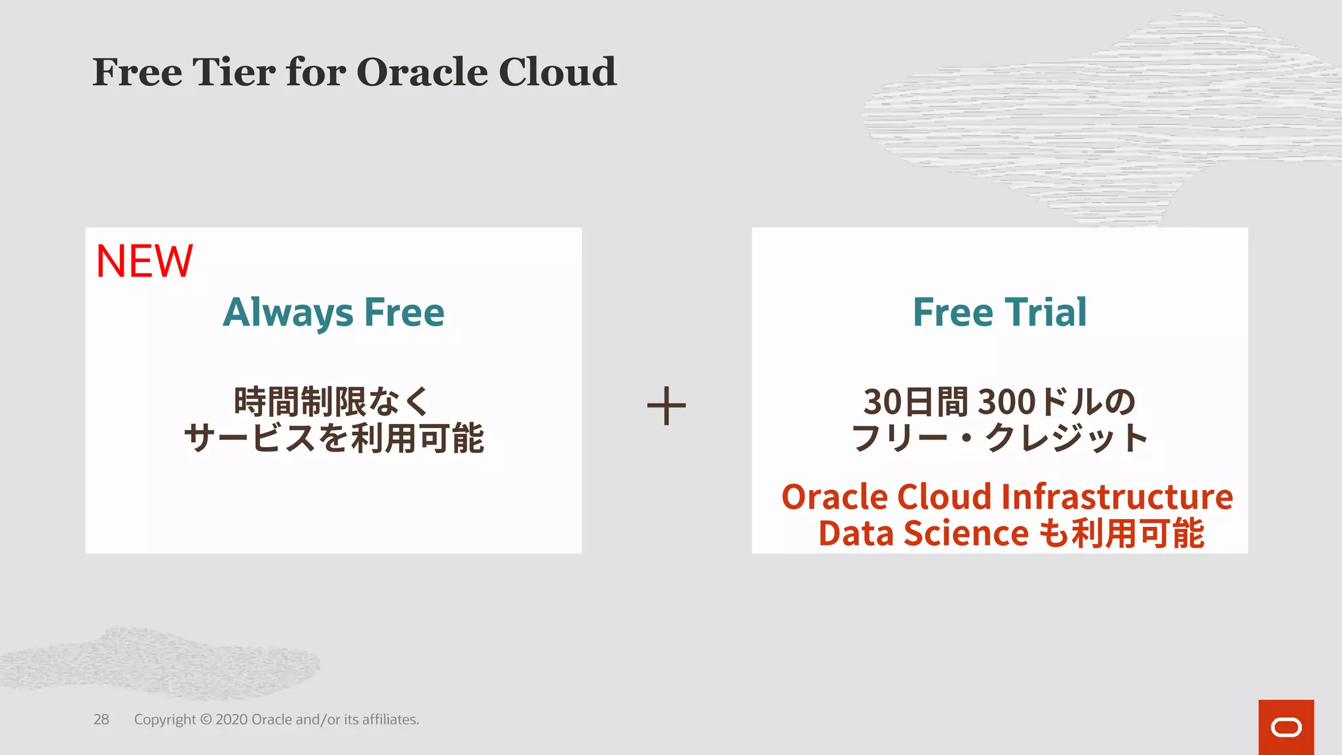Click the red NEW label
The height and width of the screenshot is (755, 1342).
pyautogui.click(x=144, y=261)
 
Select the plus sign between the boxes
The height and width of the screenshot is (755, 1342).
pyautogui.click(x=666, y=406)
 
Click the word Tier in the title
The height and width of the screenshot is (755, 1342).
pyautogui.click(x=233, y=72)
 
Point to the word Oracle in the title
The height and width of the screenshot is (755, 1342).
pyautogui.click(x=423, y=72)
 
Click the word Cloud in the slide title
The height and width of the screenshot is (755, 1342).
pyautogui.click(x=557, y=72)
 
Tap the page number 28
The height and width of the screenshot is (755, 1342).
pyautogui.click(x=101, y=720)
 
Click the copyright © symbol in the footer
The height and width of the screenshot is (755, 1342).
pyautogui.click(x=205, y=720)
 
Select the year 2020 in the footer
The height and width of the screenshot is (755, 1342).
pyautogui.click(x=232, y=720)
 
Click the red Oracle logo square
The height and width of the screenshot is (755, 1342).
pyautogui.click(x=1286, y=727)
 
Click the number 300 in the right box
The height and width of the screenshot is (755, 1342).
pyautogui.click(x=1006, y=402)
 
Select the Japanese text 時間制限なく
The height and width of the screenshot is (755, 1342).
pyautogui.click(x=332, y=402)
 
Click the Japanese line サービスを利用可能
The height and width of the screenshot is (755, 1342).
pyautogui.click(x=334, y=438)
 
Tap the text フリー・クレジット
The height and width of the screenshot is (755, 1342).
pyautogui.click(x=999, y=438)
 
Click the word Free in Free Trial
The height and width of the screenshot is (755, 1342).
pyautogui.click(x=953, y=313)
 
